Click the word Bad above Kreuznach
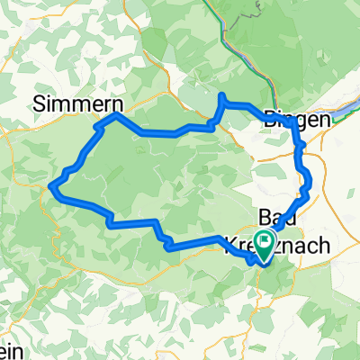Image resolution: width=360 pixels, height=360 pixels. pos(275,217)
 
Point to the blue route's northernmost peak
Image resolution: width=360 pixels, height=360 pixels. pos(222,95)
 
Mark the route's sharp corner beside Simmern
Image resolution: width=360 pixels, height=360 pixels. pos(116,117)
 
